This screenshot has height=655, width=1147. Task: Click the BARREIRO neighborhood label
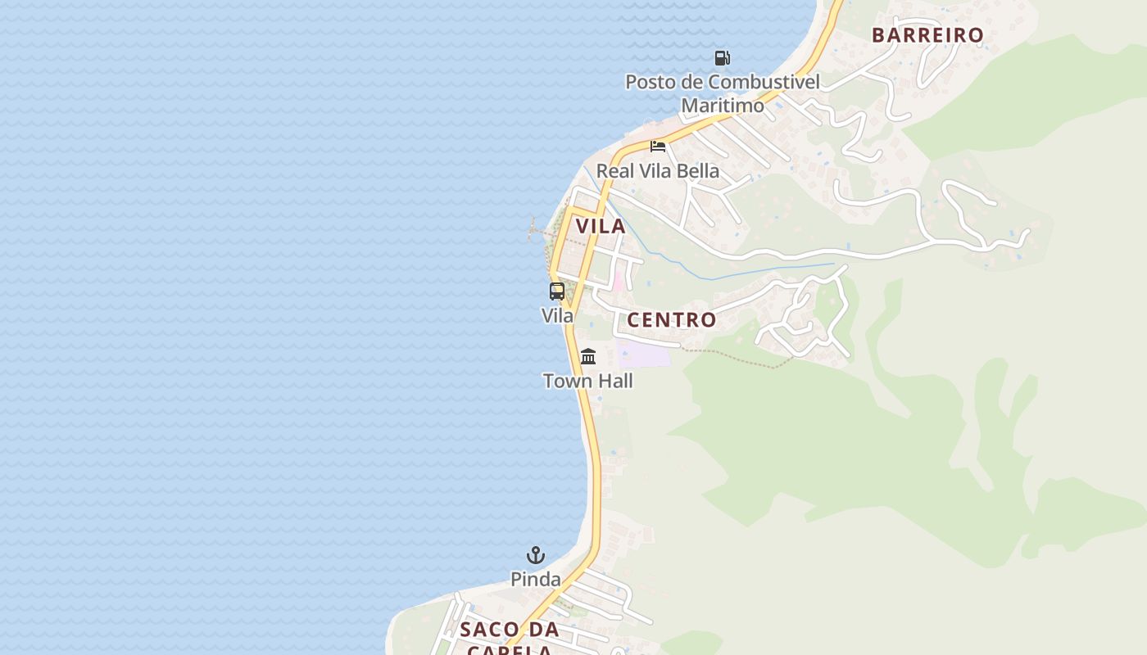(927, 35)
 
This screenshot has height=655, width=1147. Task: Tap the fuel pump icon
(722, 58)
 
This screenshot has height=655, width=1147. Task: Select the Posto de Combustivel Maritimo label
(722, 93)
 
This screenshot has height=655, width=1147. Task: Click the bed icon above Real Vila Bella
(658, 147)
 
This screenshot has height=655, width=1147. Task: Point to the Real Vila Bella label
(657, 171)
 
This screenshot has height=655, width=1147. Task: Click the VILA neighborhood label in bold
(601, 227)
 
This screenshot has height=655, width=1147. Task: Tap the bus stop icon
(557, 291)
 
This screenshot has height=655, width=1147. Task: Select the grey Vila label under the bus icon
(557, 315)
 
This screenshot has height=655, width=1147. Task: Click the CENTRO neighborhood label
(671, 320)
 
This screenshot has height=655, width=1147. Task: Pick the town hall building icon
(588, 357)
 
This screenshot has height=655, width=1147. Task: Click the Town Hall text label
(587, 381)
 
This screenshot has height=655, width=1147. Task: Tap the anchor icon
(536, 556)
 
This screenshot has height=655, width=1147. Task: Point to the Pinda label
(536, 580)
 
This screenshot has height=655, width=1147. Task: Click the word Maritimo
(723, 106)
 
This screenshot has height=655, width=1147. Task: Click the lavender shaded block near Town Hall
(645, 355)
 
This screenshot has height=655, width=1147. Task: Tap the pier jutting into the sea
(540, 233)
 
